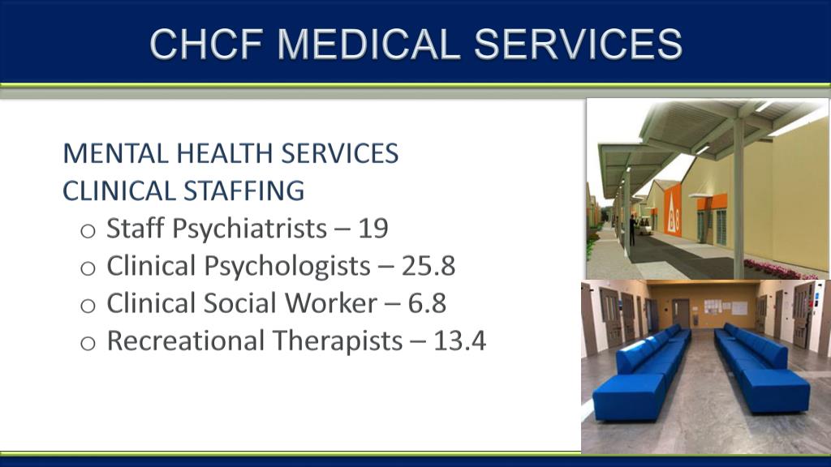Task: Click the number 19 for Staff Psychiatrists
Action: click(x=373, y=229)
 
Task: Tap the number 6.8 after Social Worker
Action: click(x=428, y=303)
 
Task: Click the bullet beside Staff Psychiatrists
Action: click(x=88, y=230)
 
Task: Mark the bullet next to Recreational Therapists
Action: click(x=88, y=342)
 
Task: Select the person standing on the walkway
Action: click(x=632, y=229)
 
